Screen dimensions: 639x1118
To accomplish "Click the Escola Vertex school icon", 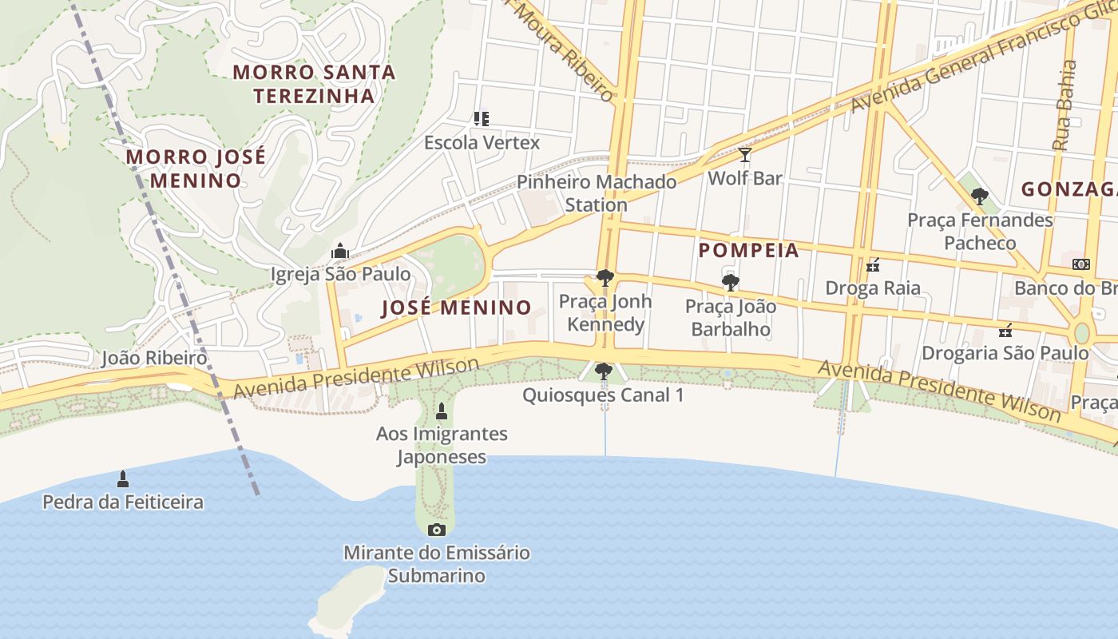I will pyautogui.click(x=481, y=119).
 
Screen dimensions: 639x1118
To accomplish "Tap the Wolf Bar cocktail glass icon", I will pyautogui.click(x=745, y=154).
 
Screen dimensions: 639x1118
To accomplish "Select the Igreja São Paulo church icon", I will pyautogui.click(x=340, y=251).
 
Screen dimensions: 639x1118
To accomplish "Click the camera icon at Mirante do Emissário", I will pyautogui.click(x=436, y=530).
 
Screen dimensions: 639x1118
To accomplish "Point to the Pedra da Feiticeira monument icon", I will pyautogui.click(x=123, y=478).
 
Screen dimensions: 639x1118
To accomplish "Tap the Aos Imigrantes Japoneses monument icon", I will pyautogui.click(x=442, y=411).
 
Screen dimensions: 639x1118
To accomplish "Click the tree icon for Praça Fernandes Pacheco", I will pyautogui.click(x=980, y=196).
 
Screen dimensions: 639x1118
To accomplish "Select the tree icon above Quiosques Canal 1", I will pyautogui.click(x=604, y=371).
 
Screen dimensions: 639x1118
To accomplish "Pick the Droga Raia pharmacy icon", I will pyautogui.click(x=873, y=264).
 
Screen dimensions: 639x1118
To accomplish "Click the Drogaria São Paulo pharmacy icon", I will pyautogui.click(x=1005, y=330).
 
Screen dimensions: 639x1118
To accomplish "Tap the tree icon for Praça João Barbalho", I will pyautogui.click(x=730, y=282).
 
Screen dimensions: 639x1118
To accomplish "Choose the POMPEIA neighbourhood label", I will pyautogui.click(x=748, y=250).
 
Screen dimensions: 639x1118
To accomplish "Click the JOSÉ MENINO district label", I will pyautogui.click(x=456, y=308).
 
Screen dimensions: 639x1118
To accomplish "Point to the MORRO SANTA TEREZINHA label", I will pyautogui.click(x=314, y=84).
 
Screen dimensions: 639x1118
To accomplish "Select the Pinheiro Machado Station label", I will pyautogui.click(x=597, y=193).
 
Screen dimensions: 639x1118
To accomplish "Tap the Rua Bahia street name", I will pyautogui.click(x=1066, y=105).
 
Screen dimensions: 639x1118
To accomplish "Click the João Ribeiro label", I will pyautogui.click(x=154, y=358).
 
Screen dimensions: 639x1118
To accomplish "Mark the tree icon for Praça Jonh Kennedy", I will pyautogui.click(x=605, y=278).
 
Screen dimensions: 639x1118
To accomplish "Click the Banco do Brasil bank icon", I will pyautogui.click(x=1080, y=264).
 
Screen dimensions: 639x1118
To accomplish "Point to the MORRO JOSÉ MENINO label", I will pyautogui.click(x=196, y=169).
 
